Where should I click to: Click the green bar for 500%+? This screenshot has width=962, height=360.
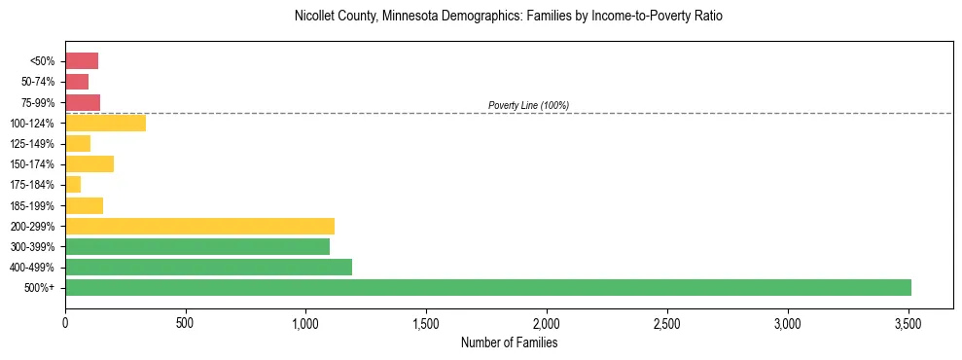487,287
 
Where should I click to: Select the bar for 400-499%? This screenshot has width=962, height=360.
208,267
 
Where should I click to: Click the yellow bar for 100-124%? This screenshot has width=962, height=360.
105,123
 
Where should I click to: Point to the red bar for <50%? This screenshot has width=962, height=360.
82,61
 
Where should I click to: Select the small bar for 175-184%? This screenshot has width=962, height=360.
73,184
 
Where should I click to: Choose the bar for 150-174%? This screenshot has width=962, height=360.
89,163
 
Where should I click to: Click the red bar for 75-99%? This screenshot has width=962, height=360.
83,102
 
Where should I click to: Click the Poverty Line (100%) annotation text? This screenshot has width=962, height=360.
528,105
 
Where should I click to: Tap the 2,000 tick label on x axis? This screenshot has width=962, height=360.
547,322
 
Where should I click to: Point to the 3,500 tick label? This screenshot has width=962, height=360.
909,322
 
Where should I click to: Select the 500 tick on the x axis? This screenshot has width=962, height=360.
186,322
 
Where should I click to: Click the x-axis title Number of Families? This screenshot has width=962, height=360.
509,342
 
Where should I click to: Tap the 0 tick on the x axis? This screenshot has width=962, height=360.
65,322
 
